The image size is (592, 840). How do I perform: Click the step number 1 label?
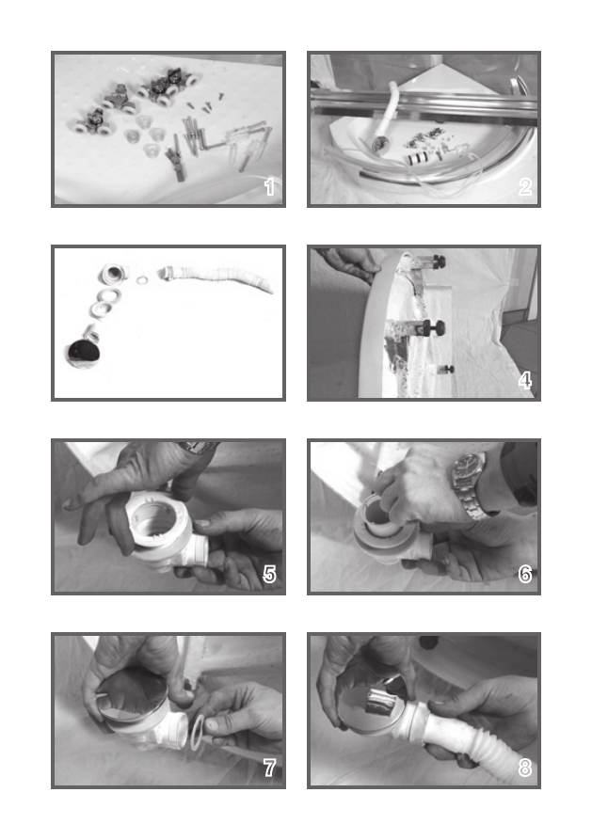(269, 187)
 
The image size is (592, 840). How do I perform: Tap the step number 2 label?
(525, 187)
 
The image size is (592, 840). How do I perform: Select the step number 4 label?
(525, 380)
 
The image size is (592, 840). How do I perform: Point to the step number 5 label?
(269, 575)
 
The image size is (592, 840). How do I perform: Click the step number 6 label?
(525, 575)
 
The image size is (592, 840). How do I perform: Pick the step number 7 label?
(269, 769)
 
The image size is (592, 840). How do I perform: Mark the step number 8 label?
(525, 769)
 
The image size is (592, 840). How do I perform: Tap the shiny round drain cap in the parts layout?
(84, 354)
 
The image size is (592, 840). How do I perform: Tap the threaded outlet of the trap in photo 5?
(198, 549)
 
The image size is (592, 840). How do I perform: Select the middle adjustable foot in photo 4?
(424, 327)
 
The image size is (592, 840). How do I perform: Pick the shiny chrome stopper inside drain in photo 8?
(377, 702)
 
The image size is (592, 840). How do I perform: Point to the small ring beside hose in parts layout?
(141, 280)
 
